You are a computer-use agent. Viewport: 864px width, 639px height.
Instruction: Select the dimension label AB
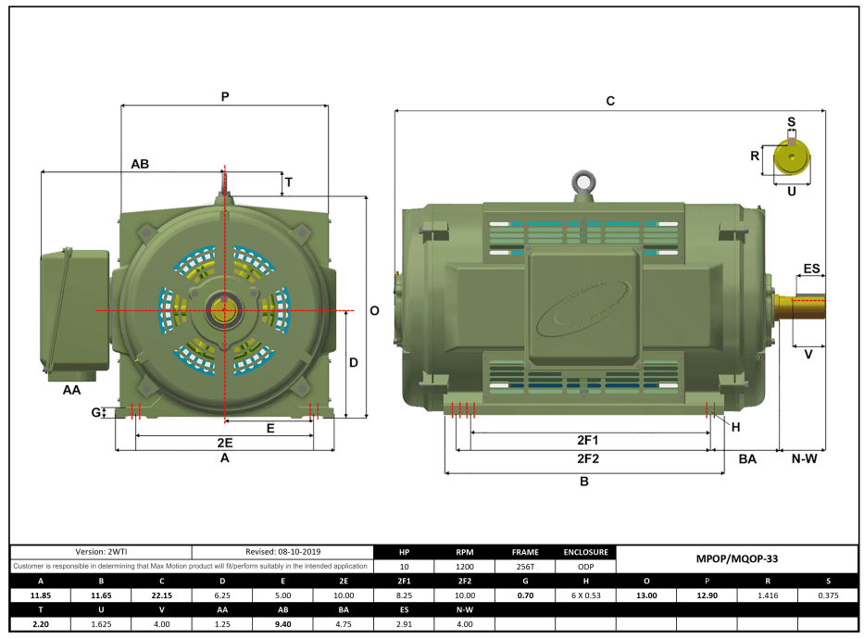pos(140,163)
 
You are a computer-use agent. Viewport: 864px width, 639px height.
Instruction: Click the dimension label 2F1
pos(588,440)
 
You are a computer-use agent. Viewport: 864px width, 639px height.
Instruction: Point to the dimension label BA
pos(747,458)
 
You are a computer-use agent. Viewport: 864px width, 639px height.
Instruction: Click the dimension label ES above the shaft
pos(811,269)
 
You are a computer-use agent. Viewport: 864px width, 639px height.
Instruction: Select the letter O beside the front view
pos(374,311)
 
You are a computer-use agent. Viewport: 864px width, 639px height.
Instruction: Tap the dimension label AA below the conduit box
pos(71,391)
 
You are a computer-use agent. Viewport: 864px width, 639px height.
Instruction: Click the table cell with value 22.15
pos(161,595)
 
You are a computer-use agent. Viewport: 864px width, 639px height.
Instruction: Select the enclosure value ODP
pos(585,566)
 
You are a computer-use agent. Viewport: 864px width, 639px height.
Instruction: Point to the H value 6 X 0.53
pos(585,595)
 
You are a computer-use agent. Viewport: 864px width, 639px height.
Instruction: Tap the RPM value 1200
pos(465,566)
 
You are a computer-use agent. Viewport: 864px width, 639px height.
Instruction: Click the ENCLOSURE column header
pos(585,552)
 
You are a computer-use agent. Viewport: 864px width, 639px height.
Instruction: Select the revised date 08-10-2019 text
pos(282,552)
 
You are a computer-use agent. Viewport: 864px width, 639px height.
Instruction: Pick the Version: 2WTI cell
pos(101,552)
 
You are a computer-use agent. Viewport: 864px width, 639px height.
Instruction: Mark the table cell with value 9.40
pos(282,625)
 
